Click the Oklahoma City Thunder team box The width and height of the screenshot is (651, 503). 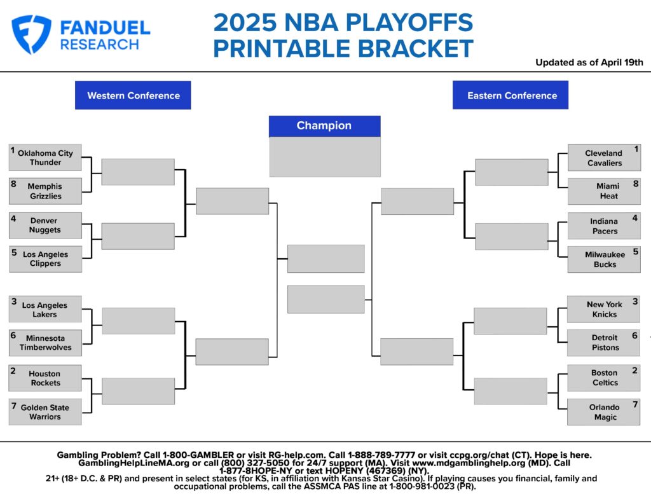(x=45, y=158)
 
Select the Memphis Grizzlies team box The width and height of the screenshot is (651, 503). (x=45, y=191)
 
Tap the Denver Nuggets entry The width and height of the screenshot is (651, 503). (x=45, y=226)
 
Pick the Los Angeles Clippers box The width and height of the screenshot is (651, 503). (x=45, y=259)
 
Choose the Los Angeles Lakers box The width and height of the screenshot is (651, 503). (x=45, y=310)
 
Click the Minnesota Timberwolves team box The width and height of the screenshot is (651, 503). (x=45, y=343)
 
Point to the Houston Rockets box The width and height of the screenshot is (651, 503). (x=45, y=378)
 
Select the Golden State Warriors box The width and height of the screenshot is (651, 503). (x=45, y=412)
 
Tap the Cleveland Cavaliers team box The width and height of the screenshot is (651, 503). (x=604, y=158)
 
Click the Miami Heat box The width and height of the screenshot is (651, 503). (x=604, y=191)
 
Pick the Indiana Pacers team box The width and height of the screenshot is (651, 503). (x=604, y=226)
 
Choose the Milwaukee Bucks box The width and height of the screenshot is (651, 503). (x=604, y=259)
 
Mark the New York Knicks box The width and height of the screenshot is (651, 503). (x=604, y=309)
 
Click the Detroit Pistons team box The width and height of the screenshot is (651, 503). (x=604, y=343)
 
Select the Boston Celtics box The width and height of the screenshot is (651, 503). (x=604, y=378)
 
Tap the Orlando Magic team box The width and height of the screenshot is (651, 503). (x=604, y=412)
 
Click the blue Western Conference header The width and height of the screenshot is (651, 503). (x=133, y=95)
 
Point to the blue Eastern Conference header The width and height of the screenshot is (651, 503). (x=511, y=95)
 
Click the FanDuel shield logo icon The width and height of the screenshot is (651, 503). (x=31, y=34)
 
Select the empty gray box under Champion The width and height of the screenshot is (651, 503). (x=325, y=156)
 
